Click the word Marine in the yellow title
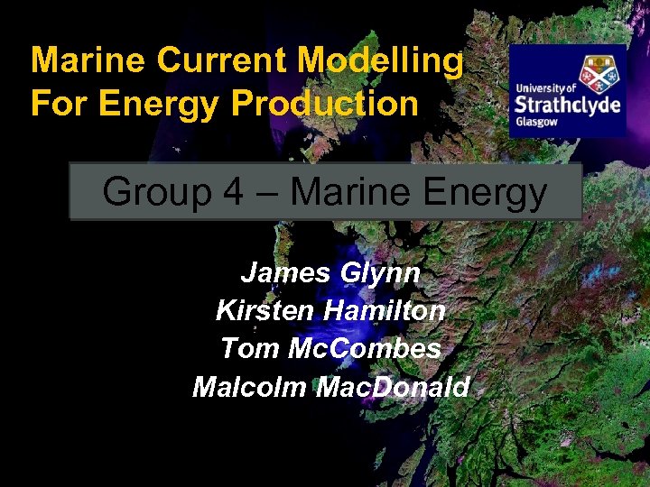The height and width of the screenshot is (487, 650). point(88,61)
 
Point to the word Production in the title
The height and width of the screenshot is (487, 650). point(325,104)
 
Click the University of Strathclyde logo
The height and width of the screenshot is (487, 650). point(567,91)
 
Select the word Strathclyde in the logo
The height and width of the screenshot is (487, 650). point(567,105)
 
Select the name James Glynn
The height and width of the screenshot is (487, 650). point(330,273)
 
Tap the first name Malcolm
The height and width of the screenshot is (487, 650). point(249,387)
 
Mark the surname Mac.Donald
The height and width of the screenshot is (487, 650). point(394,387)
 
